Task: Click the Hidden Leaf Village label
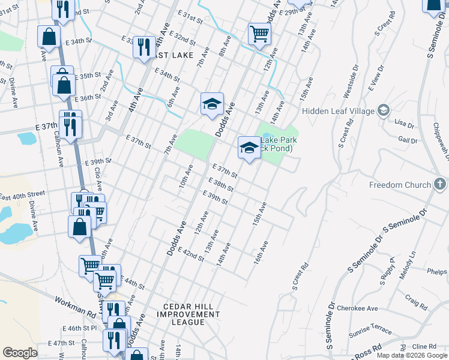click(337, 111)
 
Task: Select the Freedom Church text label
click(400, 185)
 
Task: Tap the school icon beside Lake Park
click(249, 147)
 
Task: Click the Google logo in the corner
click(20, 352)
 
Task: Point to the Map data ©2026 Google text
click(412, 355)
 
